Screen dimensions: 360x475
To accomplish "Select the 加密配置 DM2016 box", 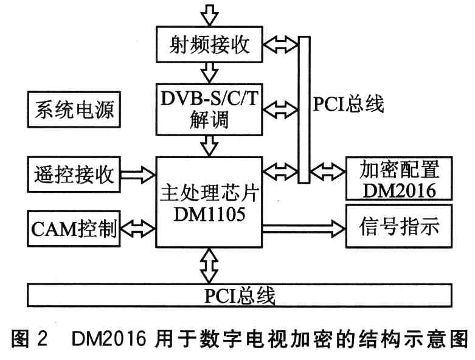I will (399, 178).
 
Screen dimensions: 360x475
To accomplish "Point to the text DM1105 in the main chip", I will (210, 214).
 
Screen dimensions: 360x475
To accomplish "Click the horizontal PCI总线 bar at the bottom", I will (241, 296).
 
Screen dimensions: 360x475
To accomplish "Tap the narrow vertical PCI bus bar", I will (303, 109).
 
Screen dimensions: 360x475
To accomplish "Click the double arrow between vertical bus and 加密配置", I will (327, 168).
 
